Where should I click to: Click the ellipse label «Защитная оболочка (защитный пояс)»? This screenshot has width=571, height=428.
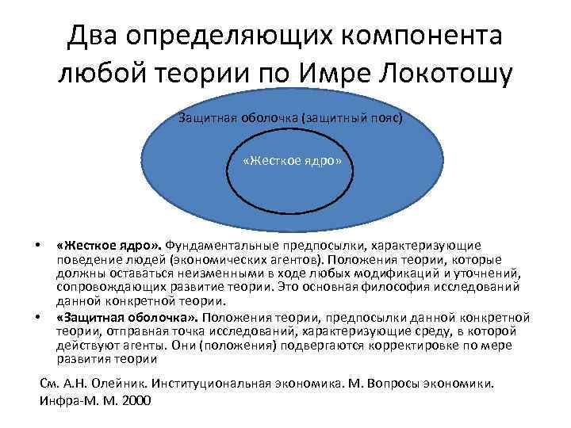pyautogui.click(x=290, y=118)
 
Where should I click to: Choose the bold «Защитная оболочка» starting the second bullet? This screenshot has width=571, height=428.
pyautogui.click(x=127, y=318)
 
